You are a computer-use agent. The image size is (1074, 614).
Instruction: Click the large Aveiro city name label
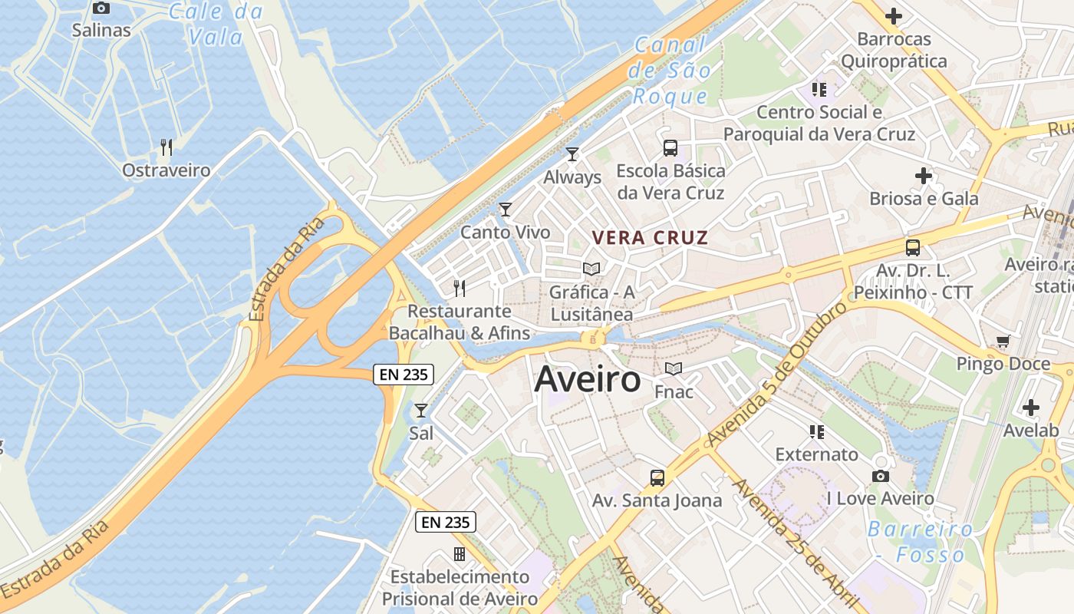587,378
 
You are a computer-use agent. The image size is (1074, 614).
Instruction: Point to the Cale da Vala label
216,24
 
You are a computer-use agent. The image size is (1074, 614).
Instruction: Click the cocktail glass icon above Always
572,154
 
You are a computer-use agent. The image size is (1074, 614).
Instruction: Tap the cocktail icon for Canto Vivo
505,209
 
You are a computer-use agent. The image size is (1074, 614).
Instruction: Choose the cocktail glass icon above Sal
420,411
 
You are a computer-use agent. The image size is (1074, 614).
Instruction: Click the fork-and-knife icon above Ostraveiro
166,147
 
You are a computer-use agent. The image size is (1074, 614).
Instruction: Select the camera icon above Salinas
101,8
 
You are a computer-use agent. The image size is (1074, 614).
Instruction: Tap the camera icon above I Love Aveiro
881,476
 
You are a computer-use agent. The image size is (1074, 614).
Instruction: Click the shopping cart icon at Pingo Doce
1003,341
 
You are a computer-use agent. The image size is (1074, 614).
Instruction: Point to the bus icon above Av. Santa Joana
657,478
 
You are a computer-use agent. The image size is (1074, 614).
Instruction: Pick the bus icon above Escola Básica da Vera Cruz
670,148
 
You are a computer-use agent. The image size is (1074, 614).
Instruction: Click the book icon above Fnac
674,369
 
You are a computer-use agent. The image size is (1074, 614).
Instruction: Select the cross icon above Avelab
1031,408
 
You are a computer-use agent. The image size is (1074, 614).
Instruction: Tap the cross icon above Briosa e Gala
924,176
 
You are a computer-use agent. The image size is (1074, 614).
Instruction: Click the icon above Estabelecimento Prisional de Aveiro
460,553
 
